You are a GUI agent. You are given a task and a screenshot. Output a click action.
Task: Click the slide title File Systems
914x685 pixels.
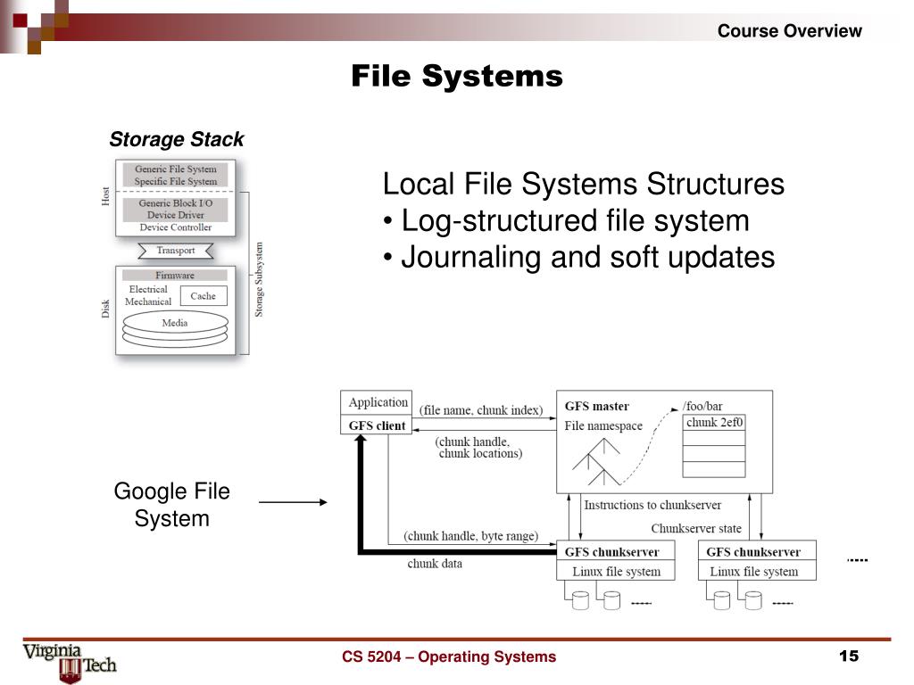456,76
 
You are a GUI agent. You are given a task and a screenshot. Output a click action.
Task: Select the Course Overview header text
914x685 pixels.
789,31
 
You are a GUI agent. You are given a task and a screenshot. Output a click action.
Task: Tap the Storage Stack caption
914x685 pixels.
176,140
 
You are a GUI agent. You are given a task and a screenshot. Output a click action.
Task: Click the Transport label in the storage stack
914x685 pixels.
175,251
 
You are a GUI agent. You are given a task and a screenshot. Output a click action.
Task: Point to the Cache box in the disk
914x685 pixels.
203,296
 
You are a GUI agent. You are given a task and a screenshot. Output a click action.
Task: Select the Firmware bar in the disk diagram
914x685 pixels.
175,276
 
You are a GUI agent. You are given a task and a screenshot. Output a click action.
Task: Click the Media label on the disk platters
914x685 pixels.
175,323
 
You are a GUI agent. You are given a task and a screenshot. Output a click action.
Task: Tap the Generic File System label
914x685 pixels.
175,169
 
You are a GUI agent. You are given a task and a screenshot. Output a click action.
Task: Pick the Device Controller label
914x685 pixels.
175,227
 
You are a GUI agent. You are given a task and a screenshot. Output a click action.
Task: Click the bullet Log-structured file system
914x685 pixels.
575,221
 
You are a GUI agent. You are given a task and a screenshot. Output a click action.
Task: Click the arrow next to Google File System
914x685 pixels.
293,503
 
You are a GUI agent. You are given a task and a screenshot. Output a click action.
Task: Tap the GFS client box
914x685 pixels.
377,426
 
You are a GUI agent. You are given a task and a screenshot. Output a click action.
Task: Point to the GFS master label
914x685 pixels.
596,407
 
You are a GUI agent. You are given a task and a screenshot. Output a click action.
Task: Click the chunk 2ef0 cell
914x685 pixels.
714,424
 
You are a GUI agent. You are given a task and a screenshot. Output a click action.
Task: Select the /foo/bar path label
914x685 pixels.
702,407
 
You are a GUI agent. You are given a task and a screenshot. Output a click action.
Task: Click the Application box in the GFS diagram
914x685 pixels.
378,403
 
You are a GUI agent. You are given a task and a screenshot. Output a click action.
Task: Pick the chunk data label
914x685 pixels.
435,564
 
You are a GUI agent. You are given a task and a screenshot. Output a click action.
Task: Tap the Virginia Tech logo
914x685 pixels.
69,661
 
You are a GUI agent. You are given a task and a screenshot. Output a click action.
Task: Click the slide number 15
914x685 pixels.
848,656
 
